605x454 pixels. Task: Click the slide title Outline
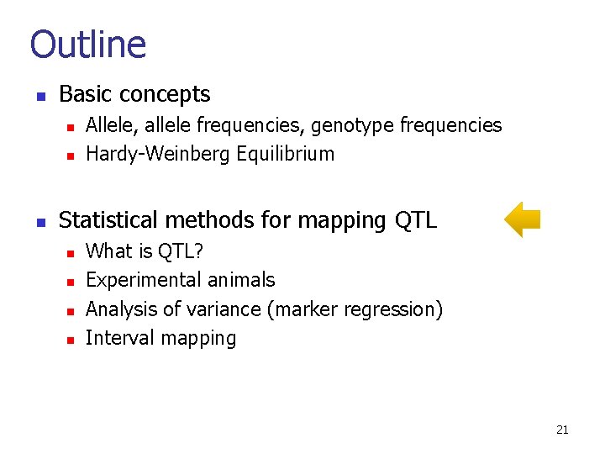[x=88, y=45]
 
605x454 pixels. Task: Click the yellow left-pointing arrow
[x=522, y=219]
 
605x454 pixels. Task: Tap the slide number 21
[x=562, y=430]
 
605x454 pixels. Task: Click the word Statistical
[x=108, y=220]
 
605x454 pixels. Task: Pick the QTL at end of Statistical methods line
[x=415, y=221]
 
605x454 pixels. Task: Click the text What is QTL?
[x=145, y=251]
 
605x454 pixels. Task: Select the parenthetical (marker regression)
[x=355, y=309]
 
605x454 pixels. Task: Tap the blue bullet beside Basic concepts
[x=39, y=96]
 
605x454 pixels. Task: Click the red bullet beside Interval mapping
[x=71, y=340]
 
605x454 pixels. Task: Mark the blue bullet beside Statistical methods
[x=39, y=222]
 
